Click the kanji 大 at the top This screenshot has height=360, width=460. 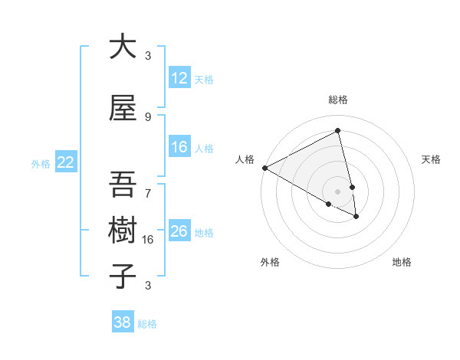point(123,47)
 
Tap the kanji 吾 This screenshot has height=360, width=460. point(123,185)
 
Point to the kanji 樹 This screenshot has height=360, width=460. point(123,230)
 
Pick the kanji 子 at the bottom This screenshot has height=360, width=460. point(123,275)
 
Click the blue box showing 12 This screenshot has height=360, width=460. point(179,78)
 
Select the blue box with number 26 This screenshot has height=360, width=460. point(179,231)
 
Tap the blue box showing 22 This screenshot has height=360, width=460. point(66,162)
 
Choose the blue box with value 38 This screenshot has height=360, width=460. point(123,322)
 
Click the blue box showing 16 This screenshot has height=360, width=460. point(179,147)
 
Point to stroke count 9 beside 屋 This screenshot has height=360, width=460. point(148,117)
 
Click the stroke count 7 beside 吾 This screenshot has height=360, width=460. point(148,186)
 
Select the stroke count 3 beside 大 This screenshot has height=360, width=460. point(148,56)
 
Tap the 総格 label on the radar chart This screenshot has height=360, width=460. point(338,100)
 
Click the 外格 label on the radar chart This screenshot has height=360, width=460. point(270,262)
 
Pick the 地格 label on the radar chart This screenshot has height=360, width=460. point(402,262)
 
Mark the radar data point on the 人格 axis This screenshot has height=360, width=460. point(264,167)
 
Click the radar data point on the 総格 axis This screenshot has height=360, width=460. point(338,131)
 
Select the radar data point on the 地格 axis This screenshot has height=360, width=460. point(356,217)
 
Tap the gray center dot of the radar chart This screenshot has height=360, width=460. point(338,191)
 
